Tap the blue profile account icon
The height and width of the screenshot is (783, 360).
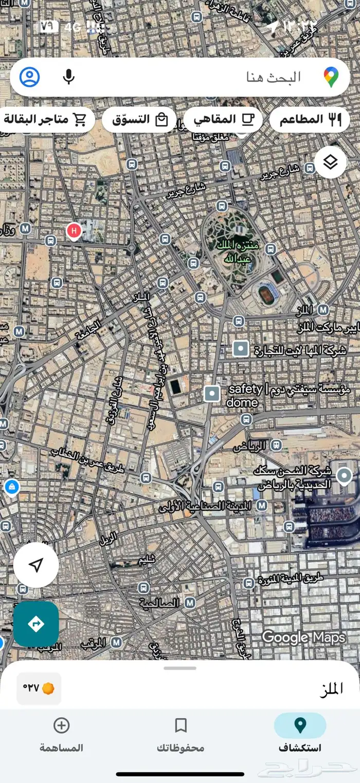pos(30,77)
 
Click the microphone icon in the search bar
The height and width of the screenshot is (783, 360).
pos(68,77)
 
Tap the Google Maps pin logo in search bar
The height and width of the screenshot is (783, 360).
pos(331,77)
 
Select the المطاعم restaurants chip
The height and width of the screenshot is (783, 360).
pos(309,120)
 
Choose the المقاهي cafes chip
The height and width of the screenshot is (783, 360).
pos(223,120)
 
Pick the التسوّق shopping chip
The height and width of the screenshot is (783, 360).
pos(139,120)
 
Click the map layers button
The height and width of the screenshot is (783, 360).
pos(330,163)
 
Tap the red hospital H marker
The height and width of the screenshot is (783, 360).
pos(74,231)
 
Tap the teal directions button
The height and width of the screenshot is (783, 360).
pos(36,624)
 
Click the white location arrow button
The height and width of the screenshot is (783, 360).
pos(35,565)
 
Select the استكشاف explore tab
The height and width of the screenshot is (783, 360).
pos(300,733)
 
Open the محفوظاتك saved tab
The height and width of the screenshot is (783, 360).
pos(180,733)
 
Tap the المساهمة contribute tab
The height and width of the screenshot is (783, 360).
pos(61,733)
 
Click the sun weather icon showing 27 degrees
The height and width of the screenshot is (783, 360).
pos(48,688)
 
